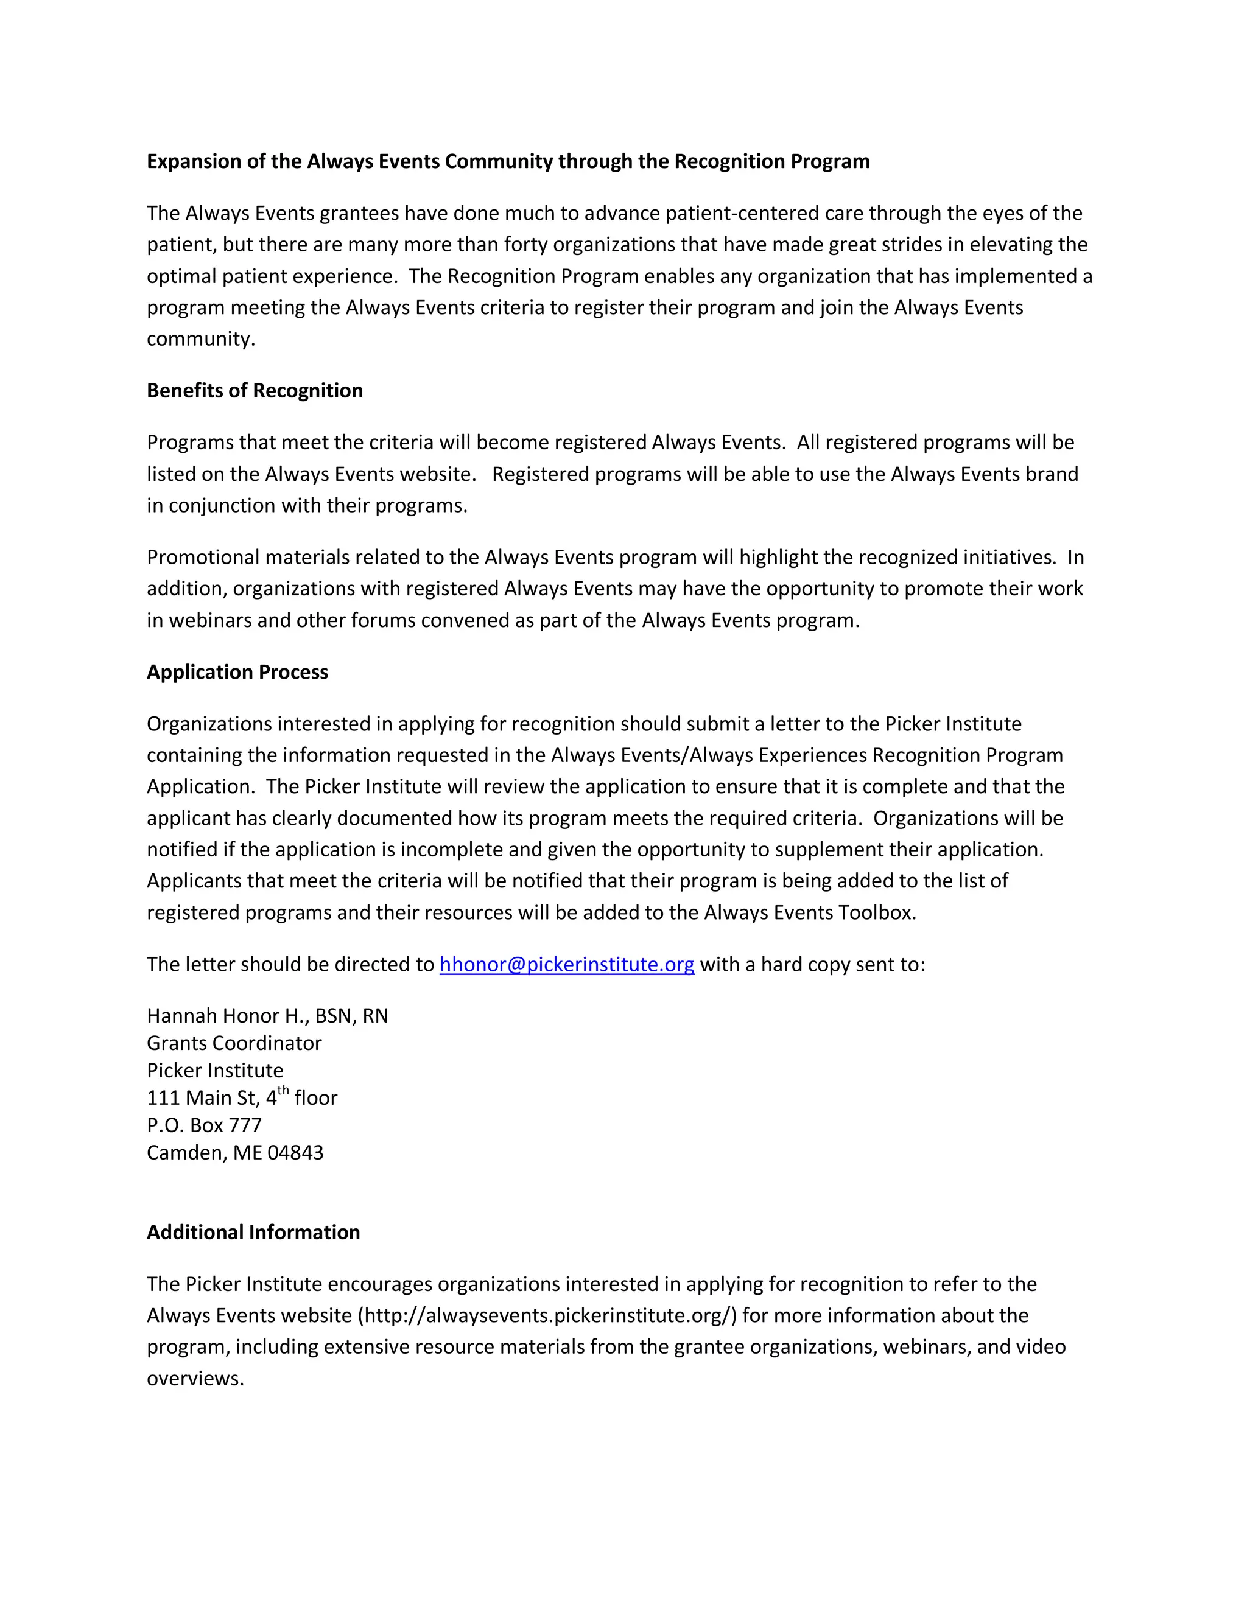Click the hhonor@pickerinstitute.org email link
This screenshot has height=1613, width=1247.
click(x=567, y=965)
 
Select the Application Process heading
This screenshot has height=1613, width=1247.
click(x=237, y=672)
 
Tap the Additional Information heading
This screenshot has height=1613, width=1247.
click(x=253, y=1232)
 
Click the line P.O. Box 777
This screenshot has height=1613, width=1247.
click(x=204, y=1125)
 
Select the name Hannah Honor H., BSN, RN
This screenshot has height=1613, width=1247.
click(x=267, y=1016)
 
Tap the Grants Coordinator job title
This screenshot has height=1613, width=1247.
click(x=234, y=1043)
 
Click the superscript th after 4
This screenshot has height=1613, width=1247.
click(x=283, y=1091)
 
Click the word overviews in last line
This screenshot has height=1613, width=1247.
click(x=194, y=1379)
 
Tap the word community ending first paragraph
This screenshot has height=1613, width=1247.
click(x=200, y=339)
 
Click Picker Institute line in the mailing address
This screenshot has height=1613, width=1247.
click(x=215, y=1071)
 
